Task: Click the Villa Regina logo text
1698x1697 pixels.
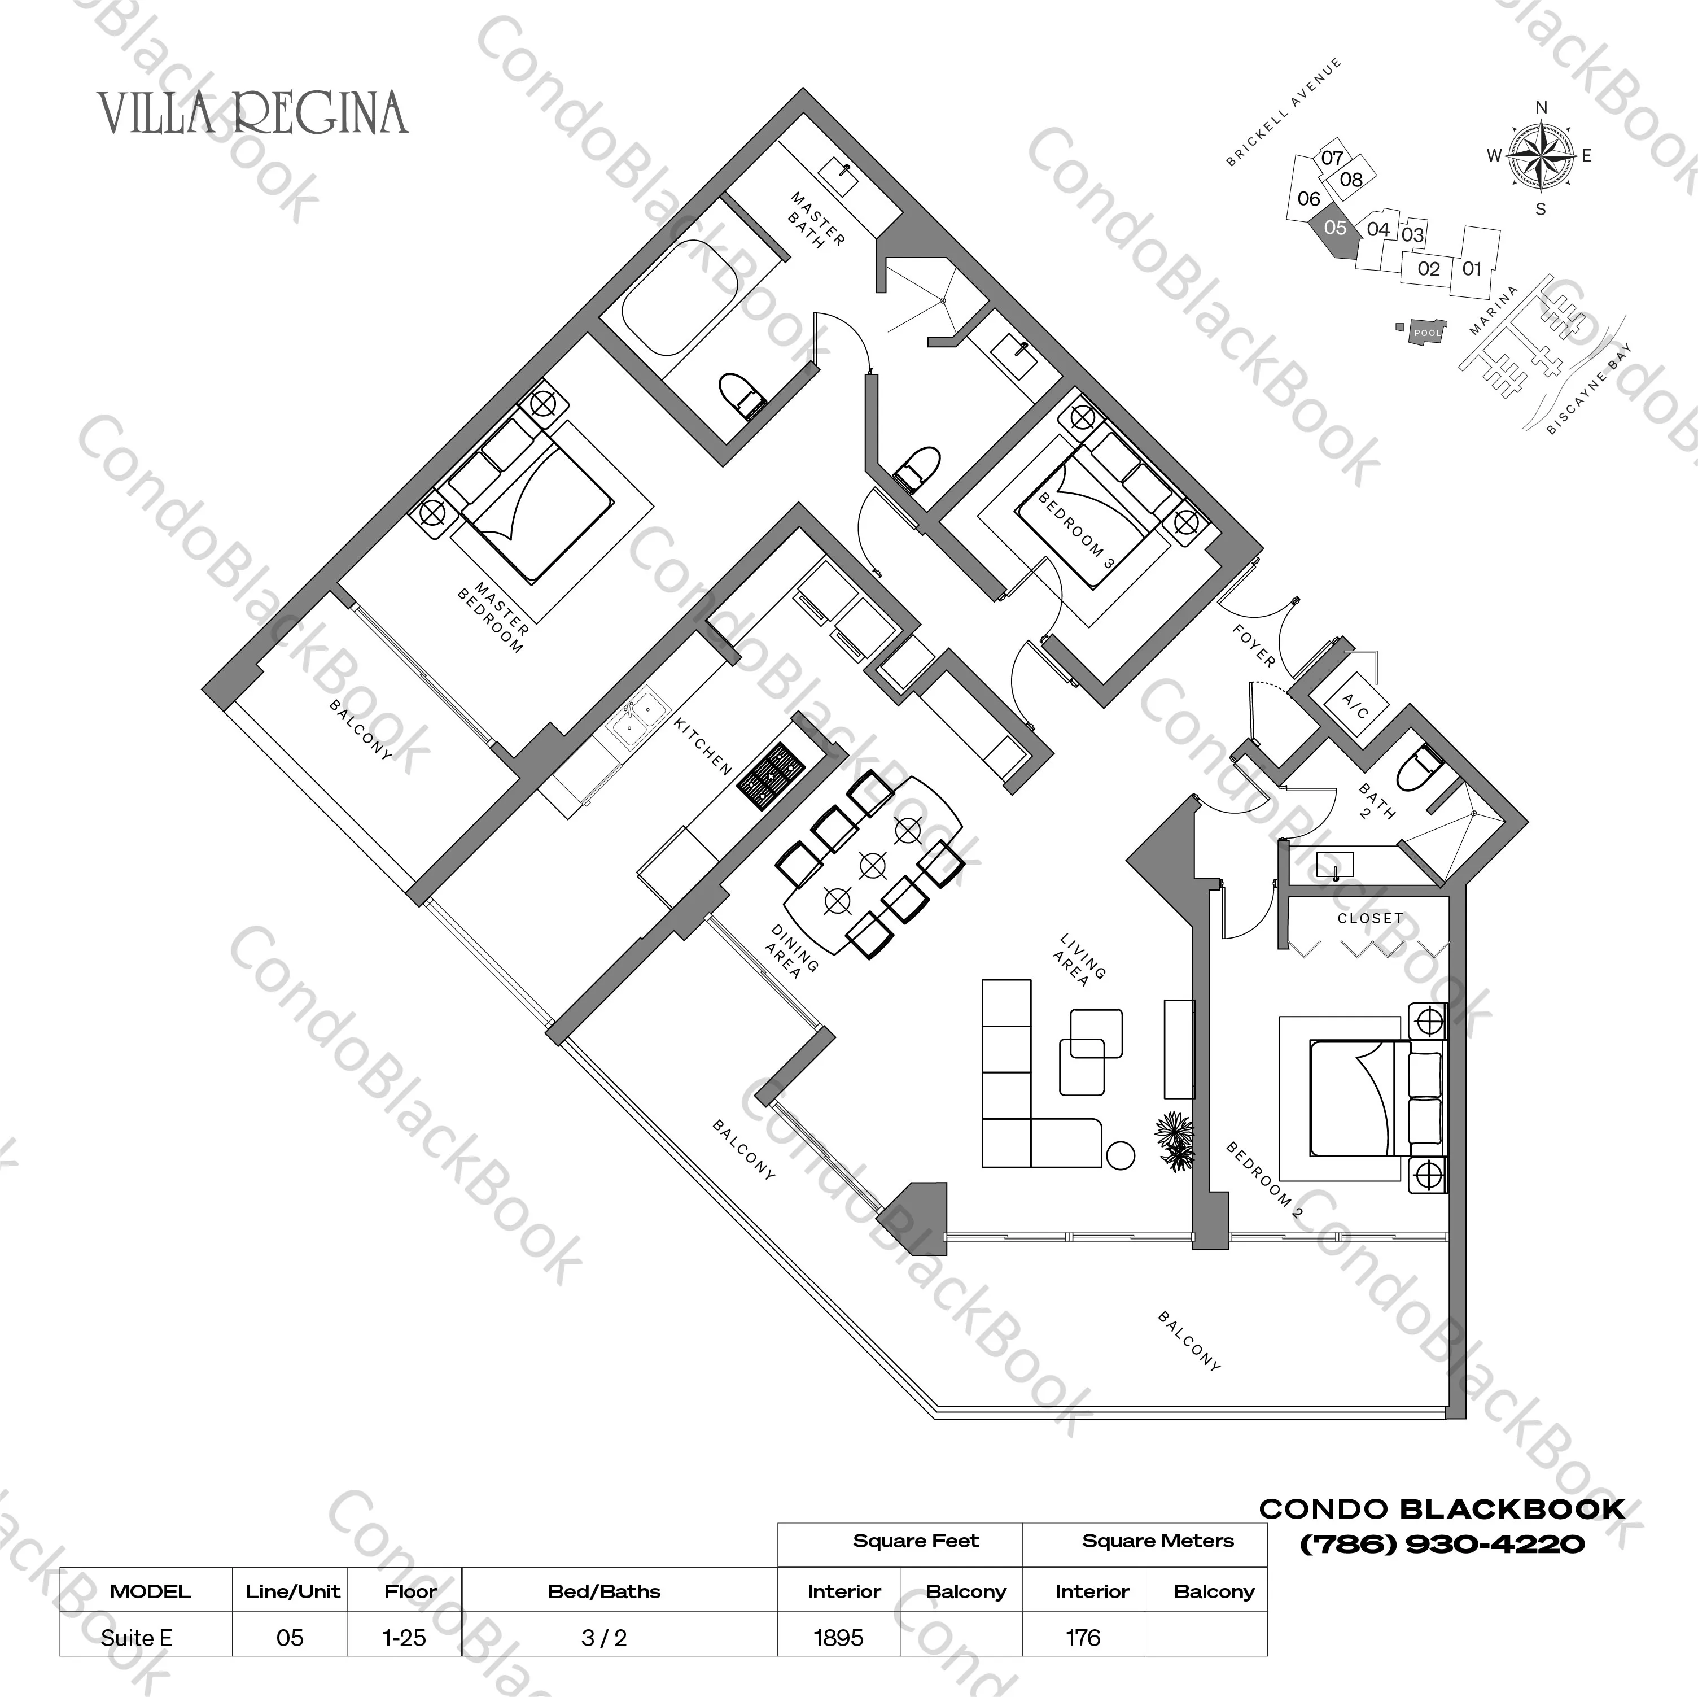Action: pos(253,114)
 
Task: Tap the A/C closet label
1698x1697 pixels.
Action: pos(1355,704)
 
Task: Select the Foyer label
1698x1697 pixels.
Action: pos(1253,646)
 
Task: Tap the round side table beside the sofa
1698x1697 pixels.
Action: pos(1120,1154)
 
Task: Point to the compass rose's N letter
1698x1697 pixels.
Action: pos(1541,108)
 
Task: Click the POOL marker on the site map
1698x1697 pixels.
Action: pos(1427,333)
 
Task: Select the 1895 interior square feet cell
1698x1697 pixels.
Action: pos(838,1637)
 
